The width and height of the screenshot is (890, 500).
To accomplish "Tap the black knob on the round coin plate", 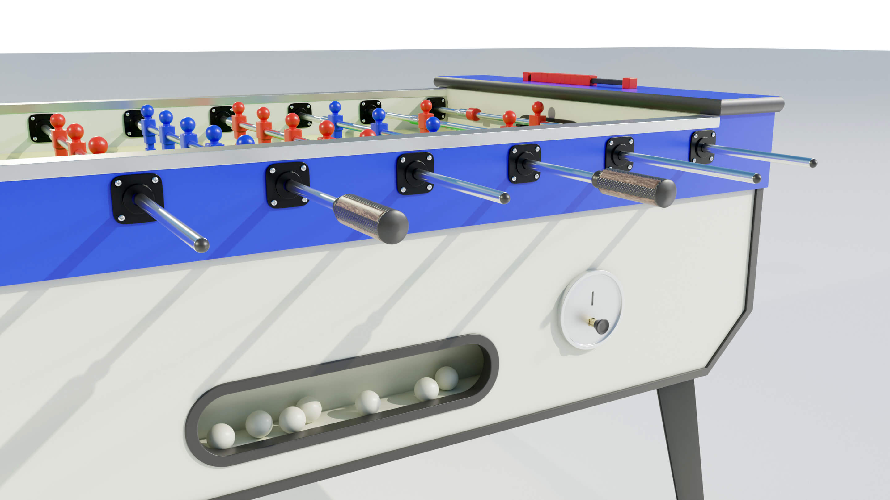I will pos(601,326).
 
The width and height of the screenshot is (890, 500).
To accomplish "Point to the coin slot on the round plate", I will pos(592,298).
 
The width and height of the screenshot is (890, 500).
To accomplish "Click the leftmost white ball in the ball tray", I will pos(222,436).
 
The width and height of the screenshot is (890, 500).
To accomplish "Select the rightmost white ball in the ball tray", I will pos(446,378).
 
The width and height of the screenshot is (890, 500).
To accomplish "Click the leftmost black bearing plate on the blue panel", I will pos(137,198).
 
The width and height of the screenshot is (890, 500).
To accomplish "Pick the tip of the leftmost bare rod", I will pos(201,245).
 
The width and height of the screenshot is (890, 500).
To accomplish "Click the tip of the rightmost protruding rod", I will pos(813,163).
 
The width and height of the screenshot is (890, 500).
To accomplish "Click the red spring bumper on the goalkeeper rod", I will pos(473,114).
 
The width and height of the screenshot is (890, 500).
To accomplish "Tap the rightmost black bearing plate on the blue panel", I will pos(702,147).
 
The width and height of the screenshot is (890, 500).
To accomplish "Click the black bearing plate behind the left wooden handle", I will pos(287,185).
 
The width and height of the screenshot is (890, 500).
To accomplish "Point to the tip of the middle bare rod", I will pos(504,198).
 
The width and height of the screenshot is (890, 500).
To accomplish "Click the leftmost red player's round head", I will pos(57,120).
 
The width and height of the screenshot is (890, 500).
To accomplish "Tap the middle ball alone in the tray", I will pos(368,402).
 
